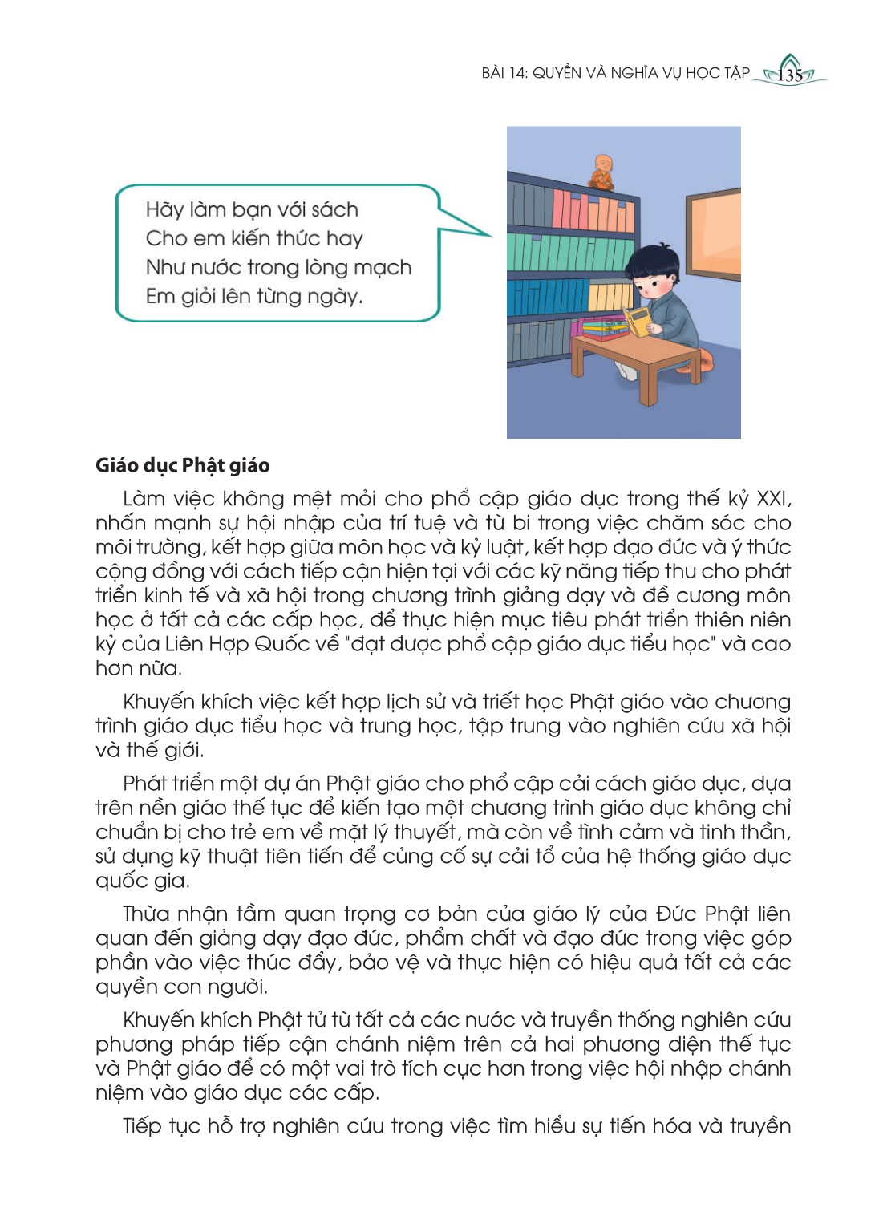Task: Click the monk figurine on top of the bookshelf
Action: point(601,172)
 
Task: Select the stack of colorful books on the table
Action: point(604,327)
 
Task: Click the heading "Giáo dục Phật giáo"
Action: point(182,466)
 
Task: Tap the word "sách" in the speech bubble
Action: point(334,210)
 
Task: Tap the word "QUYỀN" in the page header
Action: point(557,73)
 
